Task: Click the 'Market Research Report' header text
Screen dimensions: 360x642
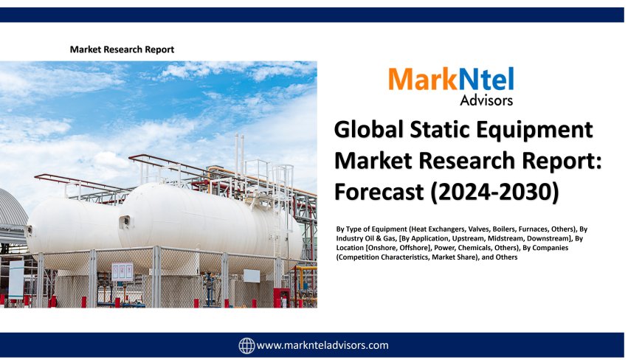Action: click(122, 49)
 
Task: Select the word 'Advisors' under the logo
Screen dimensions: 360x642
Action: click(486, 100)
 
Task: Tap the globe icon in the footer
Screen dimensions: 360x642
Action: click(246, 345)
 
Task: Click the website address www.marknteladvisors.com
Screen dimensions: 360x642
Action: click(322, 345)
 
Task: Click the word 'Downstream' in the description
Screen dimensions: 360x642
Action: click(539, 239)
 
